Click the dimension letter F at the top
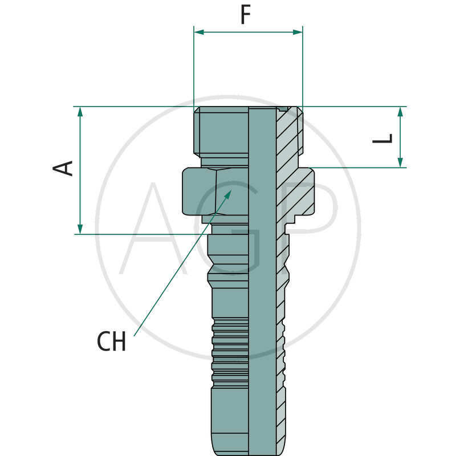click(245, 15)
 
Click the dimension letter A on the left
click(64, 168)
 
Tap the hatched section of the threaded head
click(288, 137)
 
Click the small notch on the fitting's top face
click(283, 108)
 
